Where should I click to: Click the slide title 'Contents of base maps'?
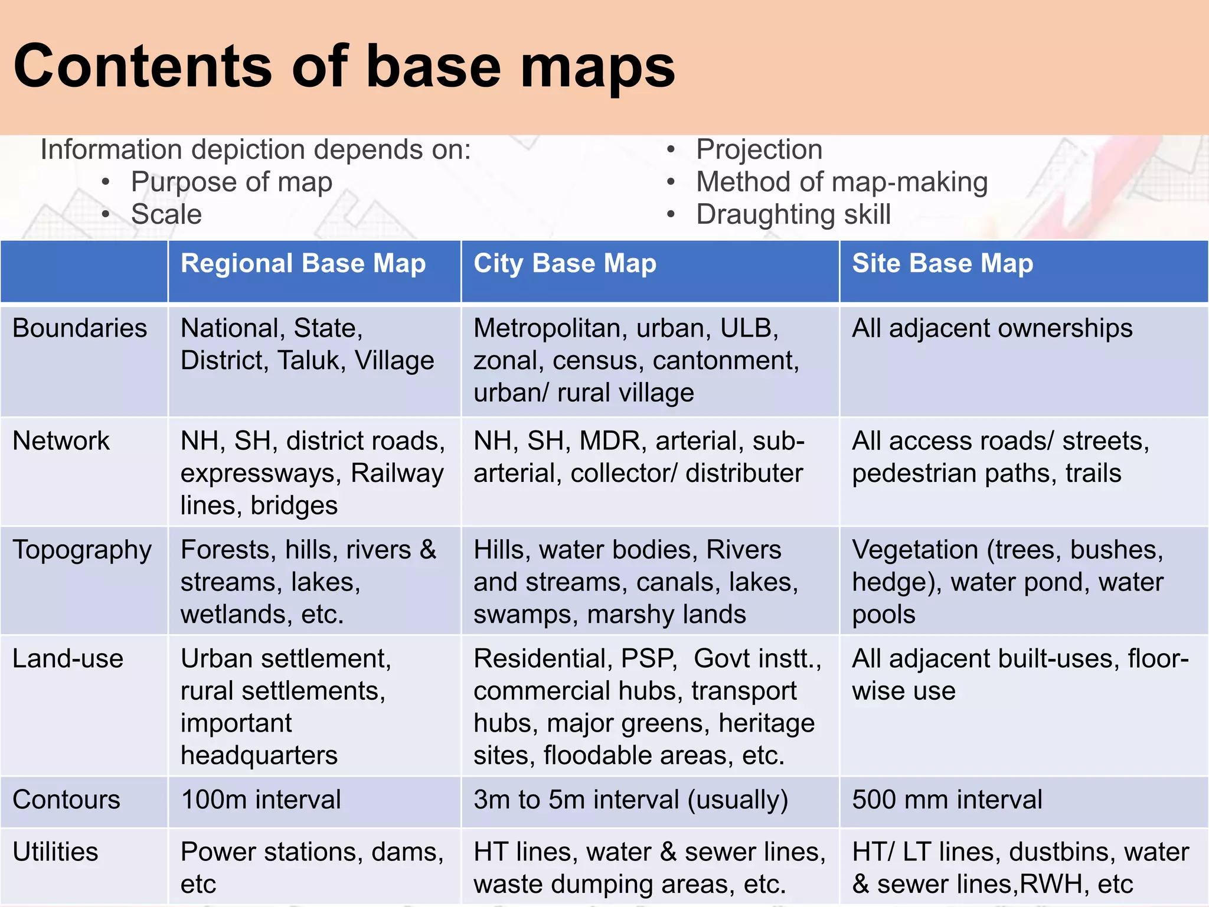[344, 66]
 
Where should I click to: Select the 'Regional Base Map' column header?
[303, 263]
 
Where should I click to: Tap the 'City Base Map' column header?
[564, 263]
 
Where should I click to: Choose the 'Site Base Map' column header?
[942, 263]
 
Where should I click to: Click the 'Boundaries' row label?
[80, 328]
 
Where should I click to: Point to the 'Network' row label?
[61, 441]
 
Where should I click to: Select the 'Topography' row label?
[82, 550]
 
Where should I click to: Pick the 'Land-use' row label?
[68, 658]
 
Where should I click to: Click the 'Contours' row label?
[66, 800]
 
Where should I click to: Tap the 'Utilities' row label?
[55, 852]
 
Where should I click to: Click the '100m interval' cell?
[260, 800]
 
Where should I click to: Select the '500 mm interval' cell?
[947, 800]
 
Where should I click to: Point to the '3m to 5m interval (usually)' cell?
[630, 800]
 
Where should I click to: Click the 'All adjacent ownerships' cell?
[992, 328]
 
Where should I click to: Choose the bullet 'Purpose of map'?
[231, 182]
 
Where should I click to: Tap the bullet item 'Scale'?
[166, 214]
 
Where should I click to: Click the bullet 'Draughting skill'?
[793, 214]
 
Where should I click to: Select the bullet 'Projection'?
[759, 149]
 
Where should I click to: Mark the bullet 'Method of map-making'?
[842, 182]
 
